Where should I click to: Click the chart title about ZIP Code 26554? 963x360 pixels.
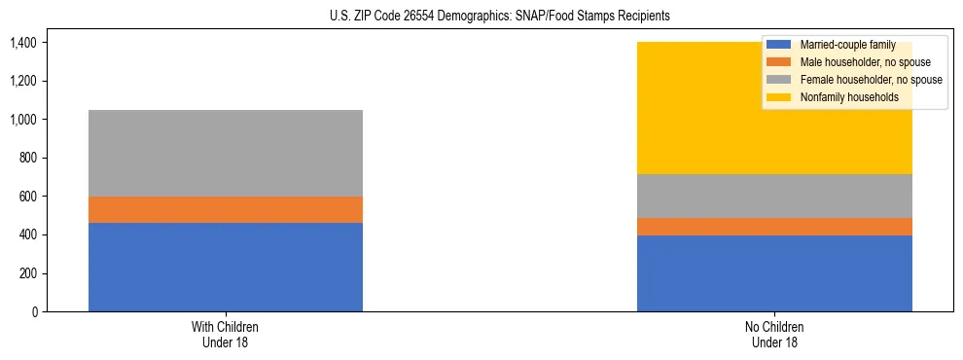click(482, 17)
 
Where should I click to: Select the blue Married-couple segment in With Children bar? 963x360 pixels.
click(225, 267)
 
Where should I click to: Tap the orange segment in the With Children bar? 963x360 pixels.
click(225, 209)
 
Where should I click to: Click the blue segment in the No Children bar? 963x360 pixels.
click(774, 273)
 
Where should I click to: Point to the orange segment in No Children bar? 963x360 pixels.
click(774, 227)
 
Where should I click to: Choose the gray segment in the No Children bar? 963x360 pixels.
click(774, 196)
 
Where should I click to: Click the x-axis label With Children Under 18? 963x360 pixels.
click(225, 335)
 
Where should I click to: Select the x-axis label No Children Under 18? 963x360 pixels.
click(774, 335)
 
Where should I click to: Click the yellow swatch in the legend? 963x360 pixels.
click(779, 97)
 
